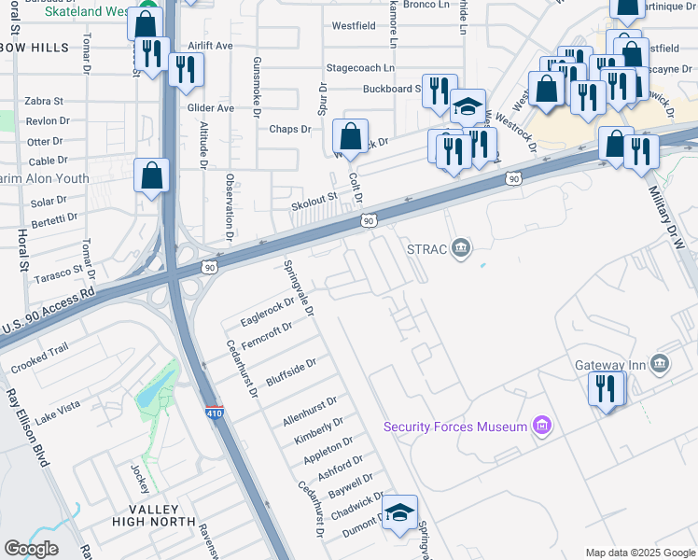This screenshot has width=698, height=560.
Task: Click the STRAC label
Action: tap(426, 248)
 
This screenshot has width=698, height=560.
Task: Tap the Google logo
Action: tap(32, 549)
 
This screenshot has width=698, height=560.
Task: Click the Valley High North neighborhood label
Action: tap(154, 514)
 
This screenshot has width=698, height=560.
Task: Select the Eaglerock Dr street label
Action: tap(268, 312)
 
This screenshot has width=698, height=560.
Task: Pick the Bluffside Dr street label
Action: tap(291, 371)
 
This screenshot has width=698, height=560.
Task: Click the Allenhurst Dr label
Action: tap(309, 412)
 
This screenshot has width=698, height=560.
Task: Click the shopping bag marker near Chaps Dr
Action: tap(351, 137)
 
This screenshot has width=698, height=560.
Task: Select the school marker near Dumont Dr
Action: tap(399, 512)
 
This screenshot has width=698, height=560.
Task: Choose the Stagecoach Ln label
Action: tap(359, 68)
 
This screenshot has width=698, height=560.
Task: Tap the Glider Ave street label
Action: tap(211, 108)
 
